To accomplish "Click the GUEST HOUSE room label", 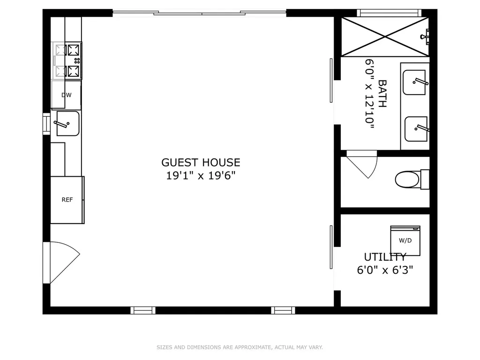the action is pyautogui.click(x=201, y=162).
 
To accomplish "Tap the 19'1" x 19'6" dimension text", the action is pyautogui.click(x=201, y=176).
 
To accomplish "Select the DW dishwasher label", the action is pyautogui.click(x=67, y=95).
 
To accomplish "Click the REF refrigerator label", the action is pyautogui.click(x=67, y=200).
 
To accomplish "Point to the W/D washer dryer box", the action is pyautogui.click(x=405, y=240).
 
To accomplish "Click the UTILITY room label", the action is pyautogui.click(x=385, y=256).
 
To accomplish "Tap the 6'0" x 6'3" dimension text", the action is pyautogui.click(x=385, y=270).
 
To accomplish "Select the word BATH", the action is pyautogui.click(x=382, y=94).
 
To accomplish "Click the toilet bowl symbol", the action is pyautogui.click(x=407, y=180).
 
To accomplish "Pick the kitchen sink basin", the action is pyautogui.click(x=68, y=123).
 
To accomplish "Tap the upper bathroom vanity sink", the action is pyautogui.click(x=414, y=82).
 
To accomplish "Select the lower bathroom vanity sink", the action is pyautogui.click(x=416, y=129).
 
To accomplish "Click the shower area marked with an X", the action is pyautogui.click(x=385, y=37).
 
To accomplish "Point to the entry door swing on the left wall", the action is pyautogui.click(x=62, y=262).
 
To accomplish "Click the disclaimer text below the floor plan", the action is pyautogui.click(x=240, y=347).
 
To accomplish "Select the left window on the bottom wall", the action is pyautogui.click(x=143, y=310).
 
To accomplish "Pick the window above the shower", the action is pyautogui.click(x=389, y=13).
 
